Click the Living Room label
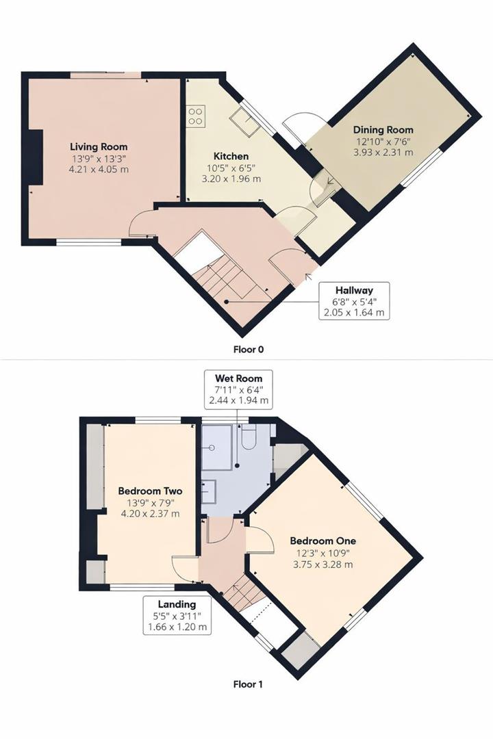99,146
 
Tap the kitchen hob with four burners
195,116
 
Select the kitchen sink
242,120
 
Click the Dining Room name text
383,129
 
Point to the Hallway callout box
353,300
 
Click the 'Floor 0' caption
248,349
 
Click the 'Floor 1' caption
247,684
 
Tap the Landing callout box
177,614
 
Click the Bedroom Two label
149,491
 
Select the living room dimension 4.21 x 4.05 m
99,169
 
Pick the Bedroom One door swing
259,540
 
